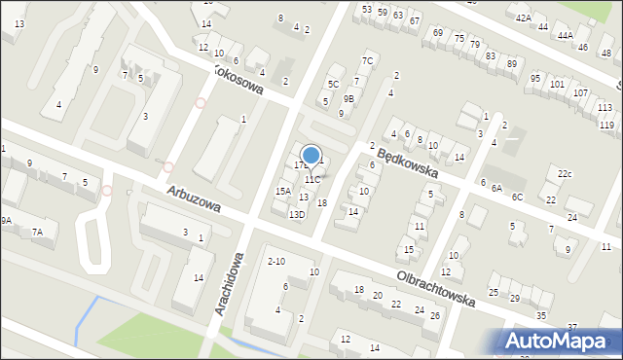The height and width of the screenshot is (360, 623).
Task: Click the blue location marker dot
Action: click(311, 155)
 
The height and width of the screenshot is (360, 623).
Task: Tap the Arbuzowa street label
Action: click(193, 199)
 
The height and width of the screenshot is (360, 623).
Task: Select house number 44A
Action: click(566, 35)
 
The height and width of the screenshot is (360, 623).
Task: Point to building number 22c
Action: click(566, 174)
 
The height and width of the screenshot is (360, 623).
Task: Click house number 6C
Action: click(517, 197)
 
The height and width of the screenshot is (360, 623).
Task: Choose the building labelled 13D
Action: click(296, 215)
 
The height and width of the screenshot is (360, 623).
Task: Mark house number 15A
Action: click(282, 192)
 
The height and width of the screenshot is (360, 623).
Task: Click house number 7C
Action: click(367, 60)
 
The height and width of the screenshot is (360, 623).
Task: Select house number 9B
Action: click(348, 98)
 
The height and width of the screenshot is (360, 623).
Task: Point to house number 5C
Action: click(333, 84)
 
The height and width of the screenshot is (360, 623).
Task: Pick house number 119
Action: click(606, 126)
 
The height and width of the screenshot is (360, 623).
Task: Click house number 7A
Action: click(37, 232)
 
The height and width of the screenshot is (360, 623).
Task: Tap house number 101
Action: click(557, 85)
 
